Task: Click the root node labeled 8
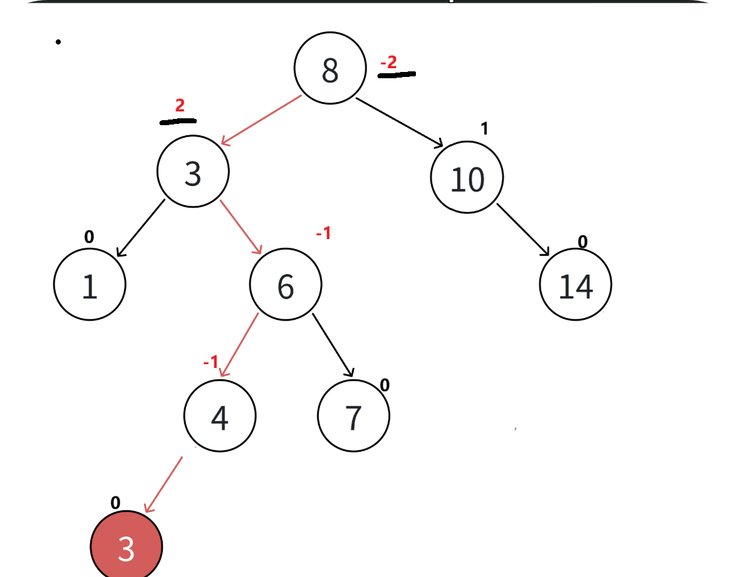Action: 329,69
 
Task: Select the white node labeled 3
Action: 193,173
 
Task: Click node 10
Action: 467,178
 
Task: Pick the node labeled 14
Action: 575,285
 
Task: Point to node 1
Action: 90,285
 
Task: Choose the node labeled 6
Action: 286,285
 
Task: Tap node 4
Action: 220,416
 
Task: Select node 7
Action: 353,416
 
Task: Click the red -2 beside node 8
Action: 388,63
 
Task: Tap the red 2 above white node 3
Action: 180,105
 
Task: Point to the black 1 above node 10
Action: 484,129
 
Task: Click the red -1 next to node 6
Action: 323,234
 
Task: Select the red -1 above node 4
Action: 210,362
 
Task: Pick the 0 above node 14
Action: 583,242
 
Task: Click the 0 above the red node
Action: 115,503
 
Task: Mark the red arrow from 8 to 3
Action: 261,121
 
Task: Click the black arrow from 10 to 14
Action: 523,229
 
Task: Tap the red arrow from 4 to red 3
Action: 163,484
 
